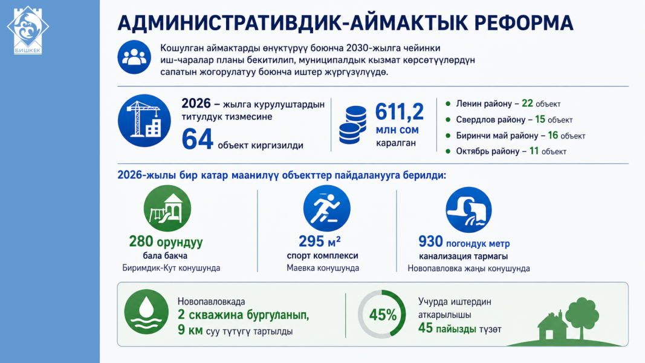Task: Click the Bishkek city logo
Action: (28, 30)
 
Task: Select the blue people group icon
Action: (134, 57)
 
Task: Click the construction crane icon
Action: (144, 120)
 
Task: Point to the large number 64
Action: (198, 139)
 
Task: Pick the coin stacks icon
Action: (352, 125)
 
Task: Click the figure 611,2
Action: (399, 111)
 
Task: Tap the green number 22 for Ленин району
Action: (527, 103)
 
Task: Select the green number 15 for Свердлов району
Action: (540, 119)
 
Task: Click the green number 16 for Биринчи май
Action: (553, 136)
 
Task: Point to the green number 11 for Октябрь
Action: (534, 151)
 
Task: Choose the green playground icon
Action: (167, 208)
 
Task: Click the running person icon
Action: (326, 208)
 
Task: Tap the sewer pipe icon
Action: (468, 210)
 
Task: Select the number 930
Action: (430, 241)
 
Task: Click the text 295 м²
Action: (320, 241)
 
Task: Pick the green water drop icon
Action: (146, 312)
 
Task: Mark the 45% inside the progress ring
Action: (383, 315)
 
